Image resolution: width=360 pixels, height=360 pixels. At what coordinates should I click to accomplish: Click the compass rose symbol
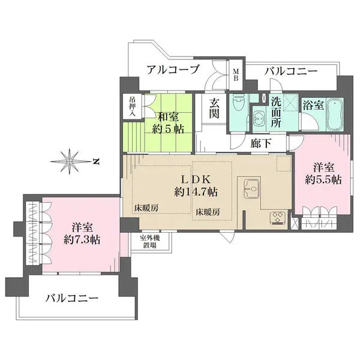(70, 161)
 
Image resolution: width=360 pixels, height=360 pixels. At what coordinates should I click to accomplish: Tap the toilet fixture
(238, 103)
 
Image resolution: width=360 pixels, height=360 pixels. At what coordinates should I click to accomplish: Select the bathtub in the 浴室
(335, 114)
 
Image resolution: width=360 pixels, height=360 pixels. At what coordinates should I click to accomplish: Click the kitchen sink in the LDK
(251, 188)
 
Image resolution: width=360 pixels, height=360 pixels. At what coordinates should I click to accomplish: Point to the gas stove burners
(278, 217)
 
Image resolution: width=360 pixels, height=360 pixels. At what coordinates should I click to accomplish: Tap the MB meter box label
(236, 74)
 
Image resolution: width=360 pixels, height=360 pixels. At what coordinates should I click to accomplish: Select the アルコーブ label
(172, 70)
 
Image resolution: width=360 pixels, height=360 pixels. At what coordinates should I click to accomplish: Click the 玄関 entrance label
(214, 108)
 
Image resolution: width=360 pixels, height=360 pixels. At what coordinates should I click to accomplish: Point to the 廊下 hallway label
(261, 143)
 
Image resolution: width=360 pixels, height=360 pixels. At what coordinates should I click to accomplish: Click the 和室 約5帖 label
(168, 123)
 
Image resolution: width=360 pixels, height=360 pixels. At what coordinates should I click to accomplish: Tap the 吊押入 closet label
(132, 106)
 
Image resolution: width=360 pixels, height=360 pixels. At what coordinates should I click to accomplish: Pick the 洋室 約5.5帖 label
(323, 173)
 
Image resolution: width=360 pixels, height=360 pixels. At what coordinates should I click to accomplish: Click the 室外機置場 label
(150, 242)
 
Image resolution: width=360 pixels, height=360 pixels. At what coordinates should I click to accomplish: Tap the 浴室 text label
(313, 106)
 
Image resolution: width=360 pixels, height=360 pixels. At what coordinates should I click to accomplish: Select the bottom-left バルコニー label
(72, 298)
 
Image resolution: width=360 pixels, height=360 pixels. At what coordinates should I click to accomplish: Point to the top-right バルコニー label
(290, 71)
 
